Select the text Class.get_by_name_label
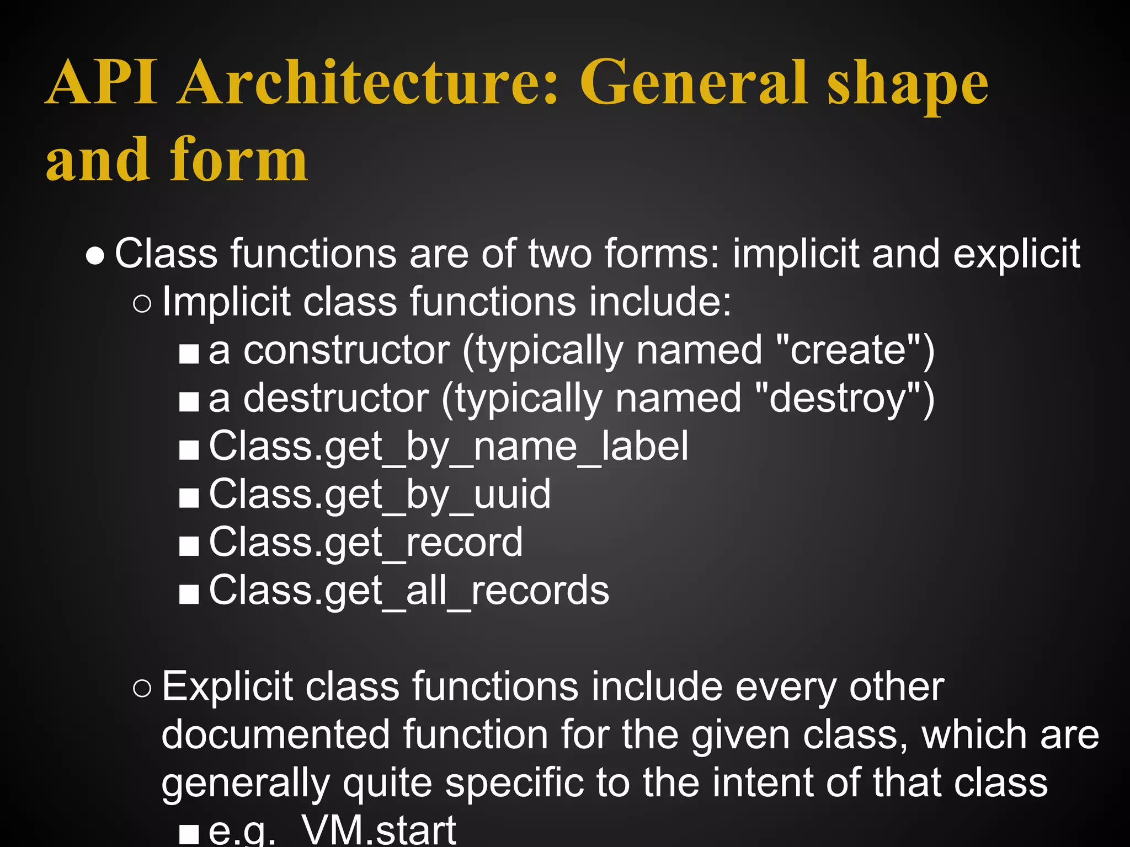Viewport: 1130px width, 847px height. click(x=448, y=447)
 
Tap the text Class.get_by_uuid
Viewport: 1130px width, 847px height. click(x=380, y=495)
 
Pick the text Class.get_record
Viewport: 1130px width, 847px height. click(x=365, y=543)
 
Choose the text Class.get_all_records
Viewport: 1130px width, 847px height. click(x=408, y=591)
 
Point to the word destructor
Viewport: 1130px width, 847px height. click(x=335, y=398)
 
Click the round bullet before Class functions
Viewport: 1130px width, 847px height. click(x=95, y=256)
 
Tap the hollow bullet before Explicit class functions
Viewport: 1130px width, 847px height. click(x=142, y=689)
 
